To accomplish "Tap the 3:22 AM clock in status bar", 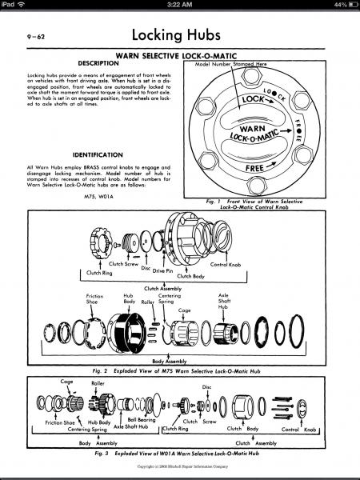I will (179, 5).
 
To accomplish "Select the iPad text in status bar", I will (11, 5).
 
